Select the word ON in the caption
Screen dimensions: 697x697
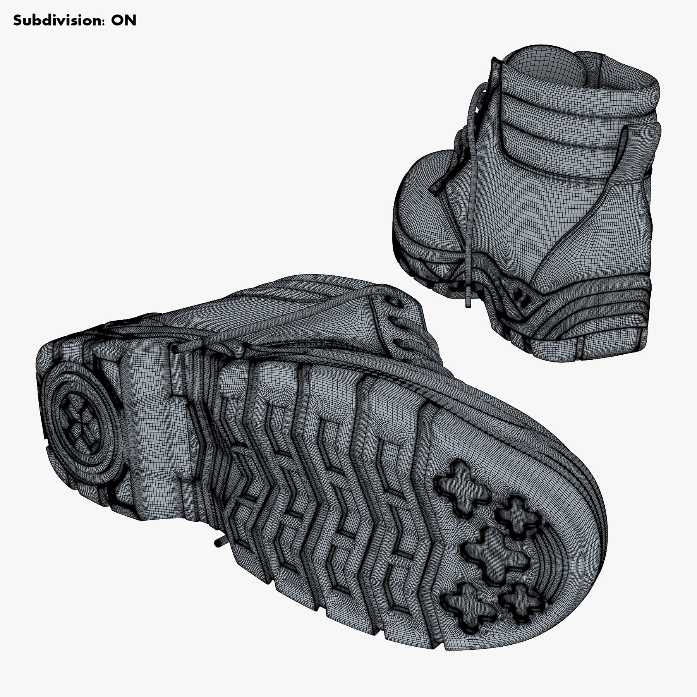pyautogui.click(x=124, y=20)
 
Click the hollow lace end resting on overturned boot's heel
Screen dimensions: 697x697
pyautogui.click(x=175, y=350)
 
